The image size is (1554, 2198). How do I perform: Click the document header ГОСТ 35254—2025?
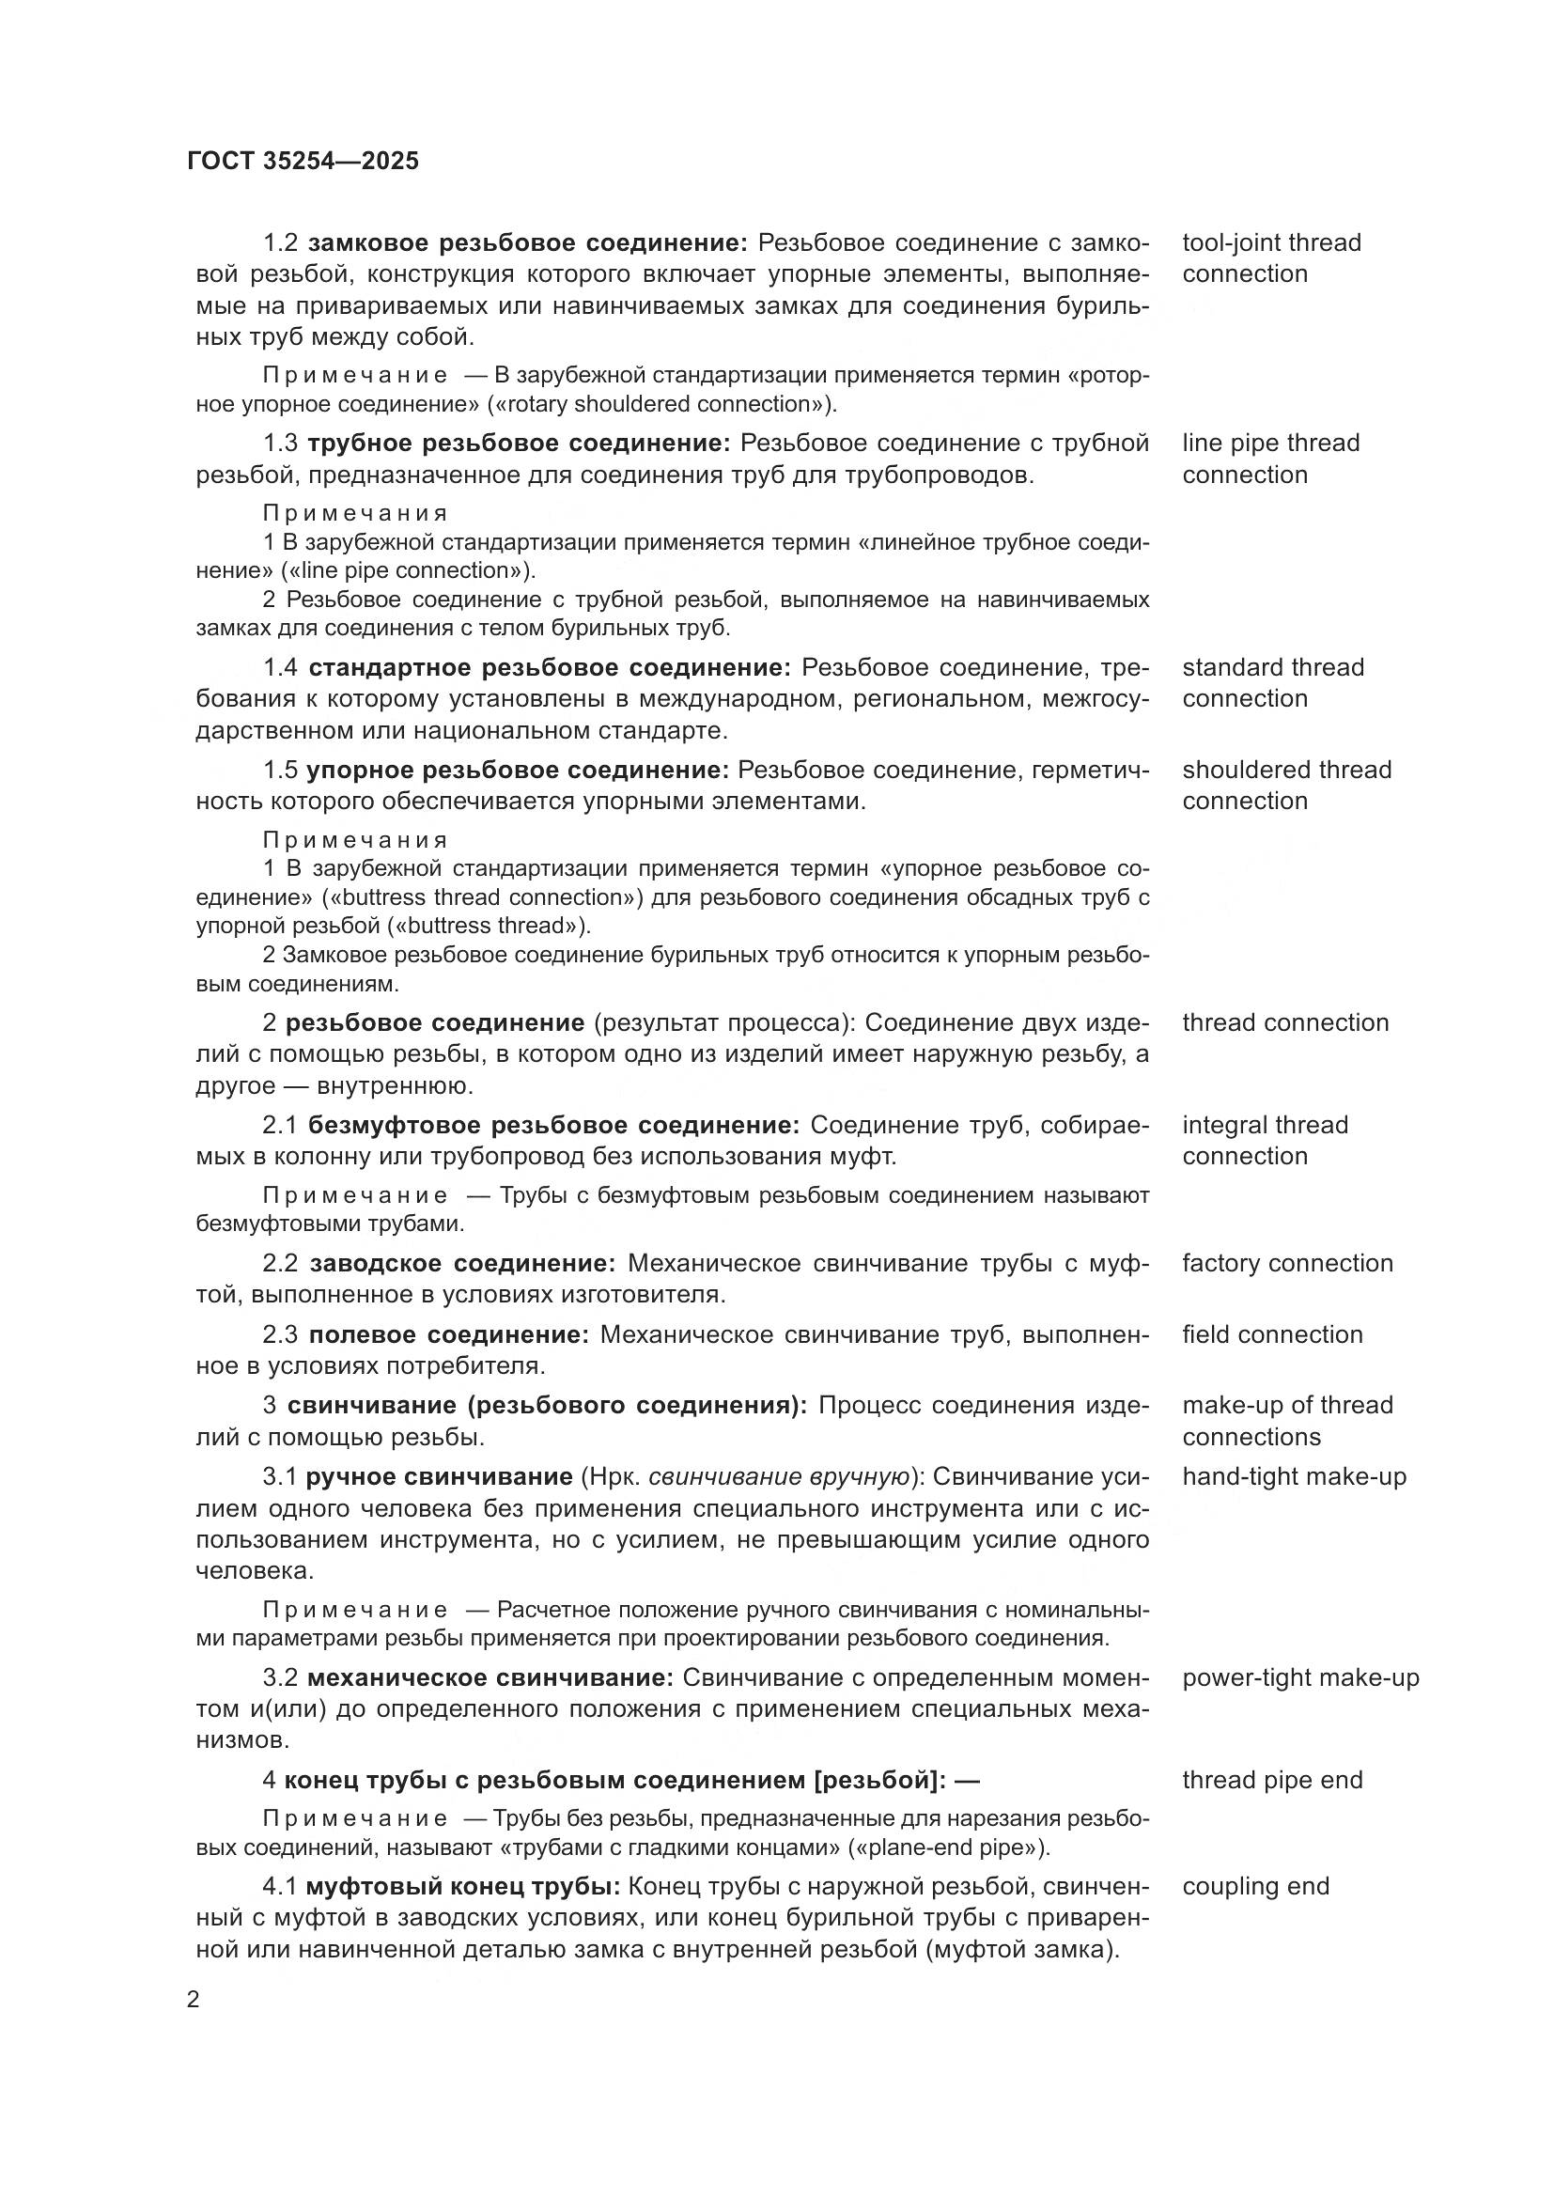(303, 161)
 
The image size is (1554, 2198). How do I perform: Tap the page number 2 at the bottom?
(194, 2000)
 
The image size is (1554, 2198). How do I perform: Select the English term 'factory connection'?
(1287, 1264)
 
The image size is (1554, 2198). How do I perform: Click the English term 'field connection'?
(1272, 1335)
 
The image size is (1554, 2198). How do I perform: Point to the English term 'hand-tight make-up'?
(1294, 1477)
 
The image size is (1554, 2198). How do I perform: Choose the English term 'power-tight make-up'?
(1300, 1678)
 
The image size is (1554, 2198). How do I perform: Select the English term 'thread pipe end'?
(1272, 1781)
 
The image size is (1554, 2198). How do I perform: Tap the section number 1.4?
(280, 667)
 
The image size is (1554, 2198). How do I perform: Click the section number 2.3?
(280, 1335)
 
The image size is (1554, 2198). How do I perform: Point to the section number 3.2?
(280, 1678)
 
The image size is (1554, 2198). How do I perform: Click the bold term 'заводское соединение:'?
(463, 1264)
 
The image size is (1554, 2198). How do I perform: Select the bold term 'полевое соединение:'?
(450, 1335)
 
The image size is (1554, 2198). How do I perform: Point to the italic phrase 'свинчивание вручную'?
(780, 1477)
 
